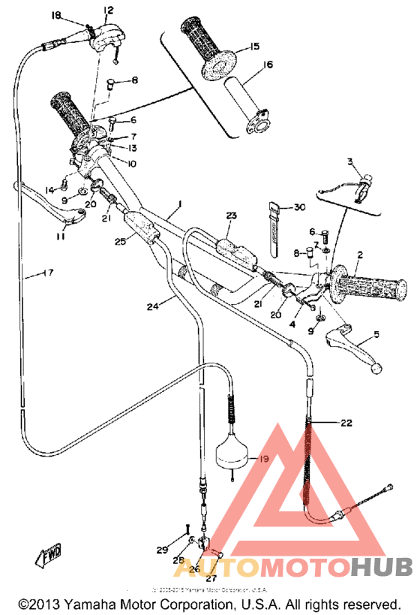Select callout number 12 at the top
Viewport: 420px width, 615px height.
[x=109, y=10]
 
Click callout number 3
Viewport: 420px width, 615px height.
[x=349, y=161]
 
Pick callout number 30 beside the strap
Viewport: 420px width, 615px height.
[x=300, y=207]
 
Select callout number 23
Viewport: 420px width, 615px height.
[x=230, y=216]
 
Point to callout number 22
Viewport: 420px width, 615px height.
[x=345, y=423]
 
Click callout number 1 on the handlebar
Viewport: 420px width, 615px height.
[x=180, y=205]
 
